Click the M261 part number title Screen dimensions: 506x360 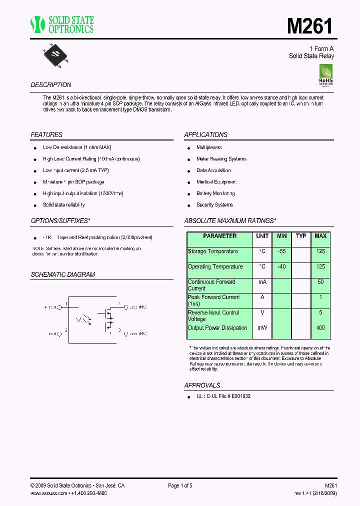(310, 25)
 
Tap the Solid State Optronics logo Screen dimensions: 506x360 (62, 24)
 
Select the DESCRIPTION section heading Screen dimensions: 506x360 (51, 85)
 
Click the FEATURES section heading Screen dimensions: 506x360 (46, 135)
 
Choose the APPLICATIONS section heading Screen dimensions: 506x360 (205, 135)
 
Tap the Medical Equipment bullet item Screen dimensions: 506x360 (216, 182)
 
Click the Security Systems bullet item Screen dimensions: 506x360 (214, 205)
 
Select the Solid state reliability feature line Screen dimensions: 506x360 (63, 205)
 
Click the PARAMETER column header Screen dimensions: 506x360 (220, 236)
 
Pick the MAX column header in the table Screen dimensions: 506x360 (320, 236)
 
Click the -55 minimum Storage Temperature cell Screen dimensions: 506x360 (282, 251)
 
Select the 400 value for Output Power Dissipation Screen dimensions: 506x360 (320, 328)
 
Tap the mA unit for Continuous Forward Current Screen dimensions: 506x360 (262, 282)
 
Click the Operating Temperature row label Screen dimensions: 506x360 (215, 267)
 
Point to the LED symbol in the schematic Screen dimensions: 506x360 (82, 319)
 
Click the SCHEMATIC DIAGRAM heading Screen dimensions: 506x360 (62, 275)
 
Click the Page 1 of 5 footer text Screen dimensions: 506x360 (180, 485)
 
